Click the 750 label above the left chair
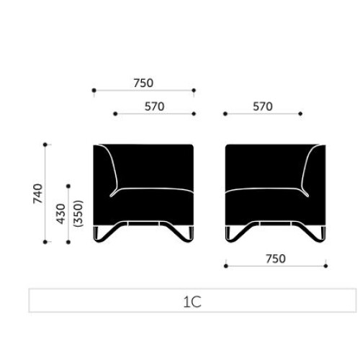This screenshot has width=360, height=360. (143, 83)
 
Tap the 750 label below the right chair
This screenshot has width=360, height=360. (276, 258)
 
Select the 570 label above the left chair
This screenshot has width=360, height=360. (155, 107)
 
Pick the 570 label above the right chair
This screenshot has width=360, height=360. (263, 107)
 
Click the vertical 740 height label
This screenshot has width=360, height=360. (38, 194)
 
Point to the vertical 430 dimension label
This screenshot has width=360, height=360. (61, 214)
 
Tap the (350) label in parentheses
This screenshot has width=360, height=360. (78, 214)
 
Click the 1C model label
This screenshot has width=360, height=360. (192, 302)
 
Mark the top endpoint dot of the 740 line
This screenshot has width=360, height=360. (45, 145)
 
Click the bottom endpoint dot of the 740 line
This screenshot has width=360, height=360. (45, 242)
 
